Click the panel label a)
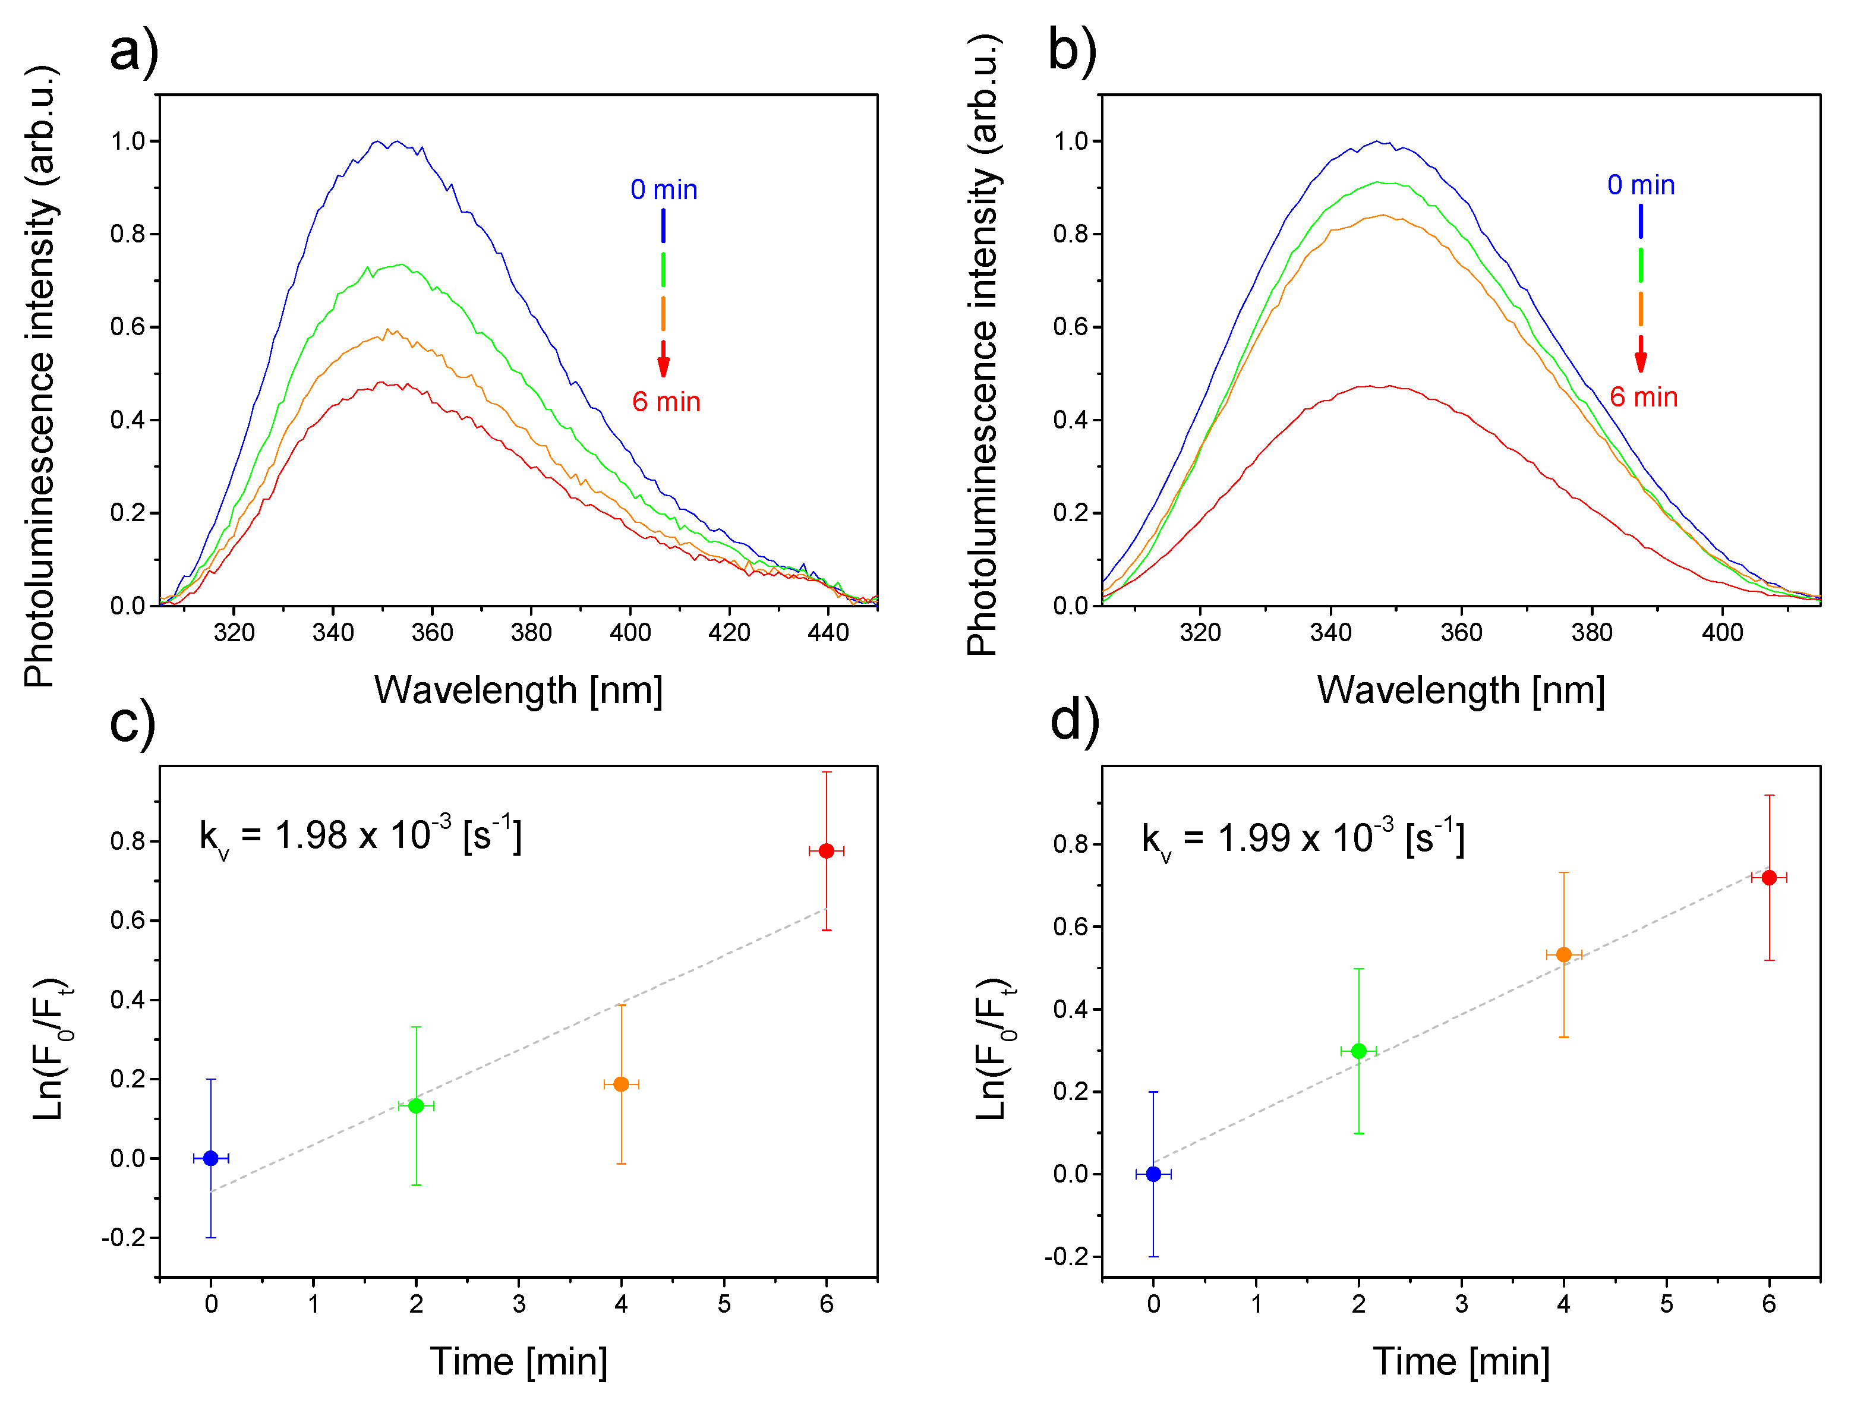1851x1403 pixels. coord(134,52)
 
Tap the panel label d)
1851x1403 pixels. coord(1074,721)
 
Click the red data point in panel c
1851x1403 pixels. coord(826,851)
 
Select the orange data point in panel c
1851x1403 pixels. coord(621,1084)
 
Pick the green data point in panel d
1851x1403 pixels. coord(1358,1051)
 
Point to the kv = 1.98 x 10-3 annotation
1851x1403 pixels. coord(360,837)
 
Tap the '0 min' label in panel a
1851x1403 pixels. coord(664,190)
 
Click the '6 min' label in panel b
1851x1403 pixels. coord(1644,398)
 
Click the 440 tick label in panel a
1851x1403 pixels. coord(828,632)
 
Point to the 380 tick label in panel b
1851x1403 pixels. coord(1591,632)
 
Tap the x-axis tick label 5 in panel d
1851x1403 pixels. coord(1666,1303)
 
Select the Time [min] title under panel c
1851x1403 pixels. coord(518,1361)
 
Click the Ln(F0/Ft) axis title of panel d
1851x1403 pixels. coord(994,1049)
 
